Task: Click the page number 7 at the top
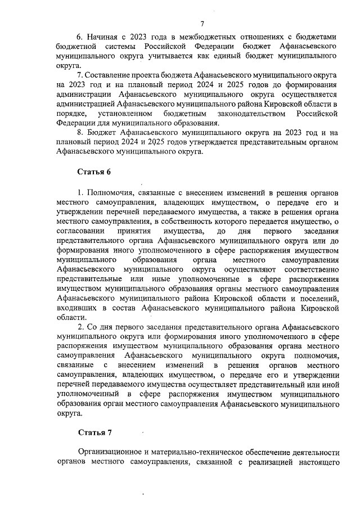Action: pyautogui.click(x=202, y=23)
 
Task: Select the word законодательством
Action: pyautogui.click(x=246, y=114)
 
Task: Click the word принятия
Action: pyautogui.click(x=134, y=231)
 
